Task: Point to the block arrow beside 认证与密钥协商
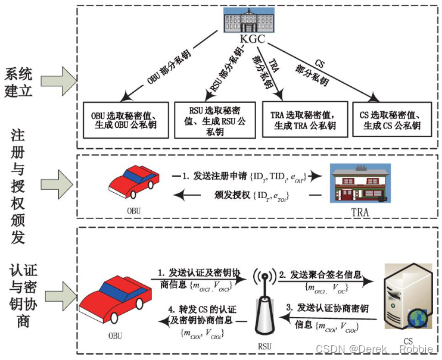[62, 296]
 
